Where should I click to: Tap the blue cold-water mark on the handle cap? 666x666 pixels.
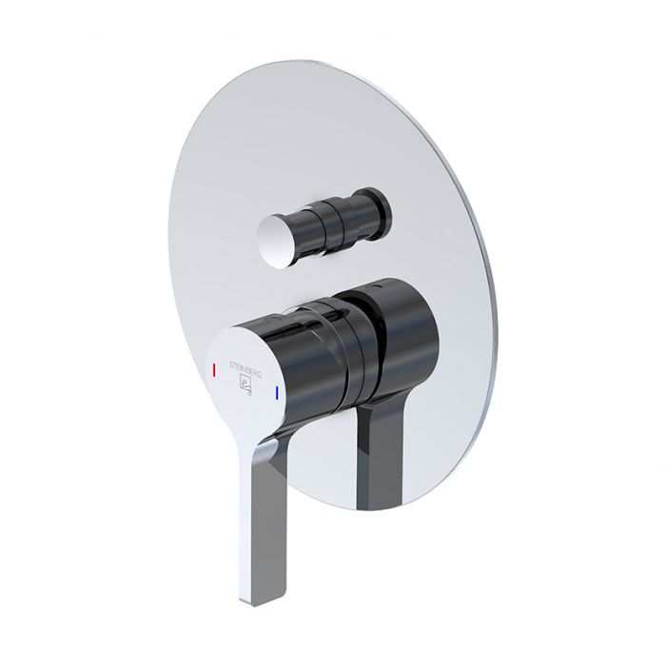[x=276, y=392]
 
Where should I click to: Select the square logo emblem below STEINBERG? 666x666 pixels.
[x=244, y=383]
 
